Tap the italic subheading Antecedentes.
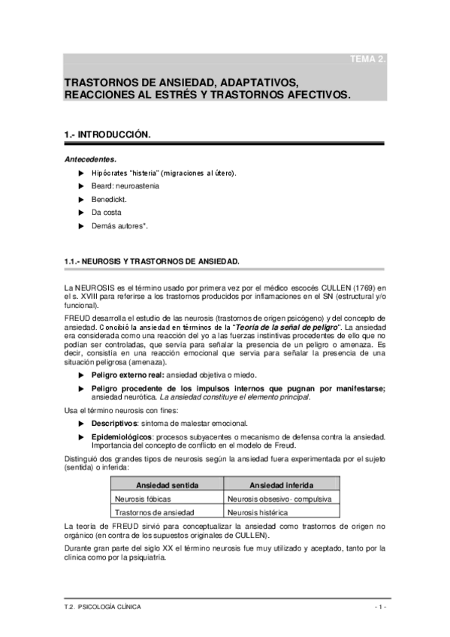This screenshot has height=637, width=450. tap(90, 159)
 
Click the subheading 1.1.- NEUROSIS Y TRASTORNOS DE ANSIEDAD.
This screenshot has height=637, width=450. tap(153, 261)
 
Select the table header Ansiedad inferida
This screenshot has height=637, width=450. tap(282, 485)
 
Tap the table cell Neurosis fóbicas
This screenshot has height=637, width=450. tap(140, 498)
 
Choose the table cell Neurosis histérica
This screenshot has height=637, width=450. tap(260, 512)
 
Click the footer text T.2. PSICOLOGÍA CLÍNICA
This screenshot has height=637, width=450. tap(102, 606)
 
